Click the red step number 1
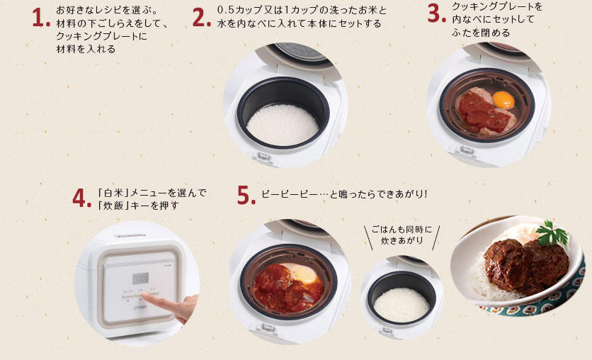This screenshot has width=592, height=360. pos(40,19)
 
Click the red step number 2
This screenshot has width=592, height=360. pos(201,18)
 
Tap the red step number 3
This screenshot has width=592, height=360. pos(436,13)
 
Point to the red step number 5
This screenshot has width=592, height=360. pos(245,196)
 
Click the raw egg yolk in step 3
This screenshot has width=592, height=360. pos(503,100)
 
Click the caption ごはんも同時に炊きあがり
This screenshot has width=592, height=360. pos(402,236)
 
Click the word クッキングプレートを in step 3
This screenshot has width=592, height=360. pos(496,6)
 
